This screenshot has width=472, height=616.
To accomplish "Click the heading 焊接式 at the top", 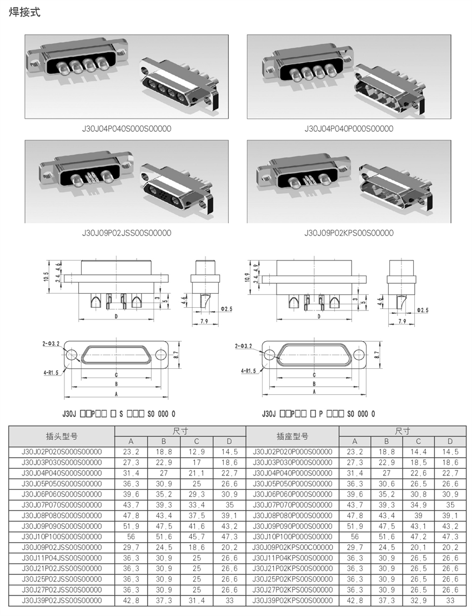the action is (x=24, y=12).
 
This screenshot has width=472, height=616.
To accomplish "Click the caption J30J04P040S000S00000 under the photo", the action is (x=127, y=128).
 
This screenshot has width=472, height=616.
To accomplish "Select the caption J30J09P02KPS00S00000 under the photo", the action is (x=349, y=233).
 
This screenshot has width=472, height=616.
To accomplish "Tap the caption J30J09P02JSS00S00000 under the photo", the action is (x=127, y=233).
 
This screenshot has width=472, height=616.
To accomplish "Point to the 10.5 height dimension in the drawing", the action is (x=46, y=277).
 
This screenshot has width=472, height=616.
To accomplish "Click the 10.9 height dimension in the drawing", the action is (x=247, y=277).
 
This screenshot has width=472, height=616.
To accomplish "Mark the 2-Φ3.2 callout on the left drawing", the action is (x=51, y=344).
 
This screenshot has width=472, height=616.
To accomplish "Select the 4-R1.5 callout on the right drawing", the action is (x=249, y=370).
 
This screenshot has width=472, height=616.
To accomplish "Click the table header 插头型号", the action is (x=62, y=436).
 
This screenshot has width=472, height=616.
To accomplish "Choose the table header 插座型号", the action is (x=293, y=436).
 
